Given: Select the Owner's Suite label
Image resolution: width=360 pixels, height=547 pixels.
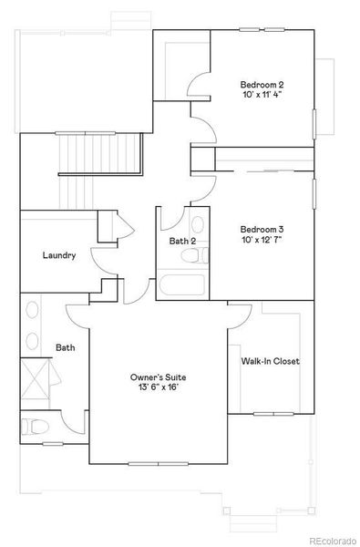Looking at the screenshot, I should [x=157, y=377].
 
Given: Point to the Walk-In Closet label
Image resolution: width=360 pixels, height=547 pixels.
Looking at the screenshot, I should [x=270, y=361].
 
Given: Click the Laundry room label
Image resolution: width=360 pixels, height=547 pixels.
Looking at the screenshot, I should [x=58, y=256].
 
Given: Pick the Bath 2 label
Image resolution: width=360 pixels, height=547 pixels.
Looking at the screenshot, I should [x=182, y=242].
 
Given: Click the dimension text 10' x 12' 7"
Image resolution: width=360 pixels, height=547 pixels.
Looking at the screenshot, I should [x=262, y=241].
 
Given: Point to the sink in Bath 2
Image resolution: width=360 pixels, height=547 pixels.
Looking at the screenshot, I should [x=196, y=224].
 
